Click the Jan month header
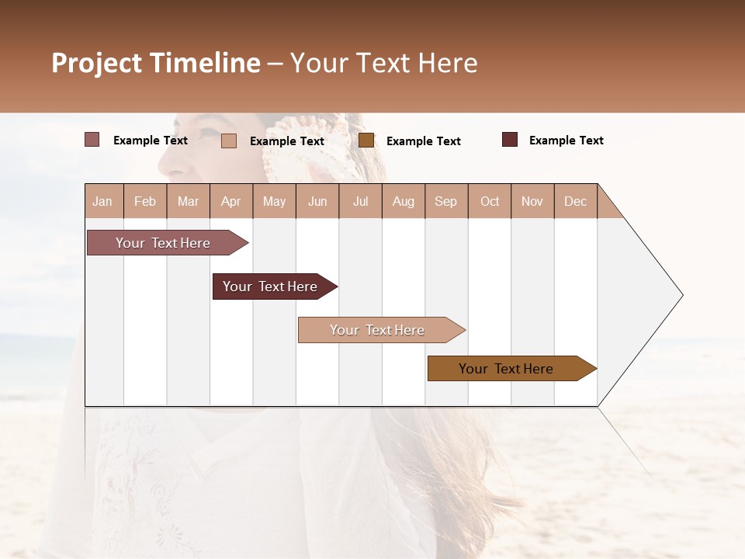[102, 201]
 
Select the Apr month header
[230, 201]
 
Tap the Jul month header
[360, 201]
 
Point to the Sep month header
[445, 201]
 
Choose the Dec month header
[575, 201]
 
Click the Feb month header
[145, 201]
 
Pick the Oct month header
[490, 201]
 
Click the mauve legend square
[92, 140]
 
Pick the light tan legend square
[229, 141]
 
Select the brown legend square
[366, 141]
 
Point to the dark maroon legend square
[510, 140]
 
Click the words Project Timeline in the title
[155, 63]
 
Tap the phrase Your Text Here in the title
[383, 63]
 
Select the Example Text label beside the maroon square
[566, 141]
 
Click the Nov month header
[532, 201]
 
